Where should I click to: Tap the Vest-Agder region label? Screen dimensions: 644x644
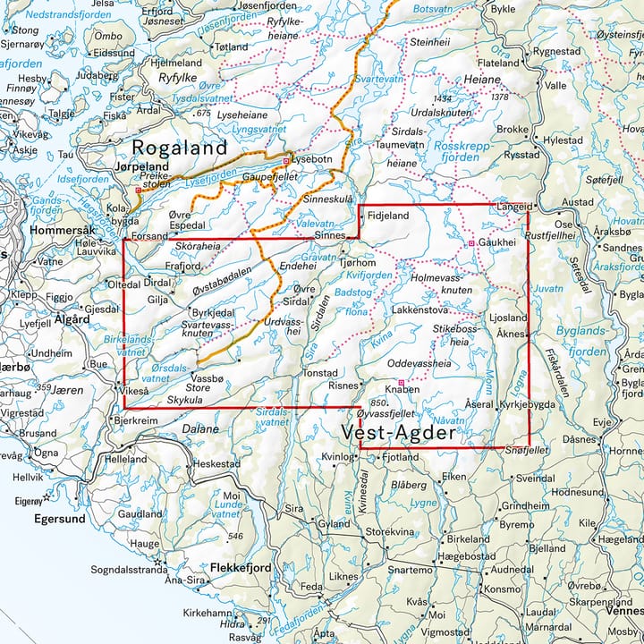click(x=399, y=435)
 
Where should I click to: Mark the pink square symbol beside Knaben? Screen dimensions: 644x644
click(x=401, y=383)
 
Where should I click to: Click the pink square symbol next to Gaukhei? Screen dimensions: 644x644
click(x=471, y=243)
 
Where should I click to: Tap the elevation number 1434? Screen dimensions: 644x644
click(x=442, y=98)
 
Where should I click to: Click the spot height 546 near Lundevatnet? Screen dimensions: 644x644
click(x=236, y=537)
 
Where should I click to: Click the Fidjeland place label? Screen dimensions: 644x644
click(x=387, y=216)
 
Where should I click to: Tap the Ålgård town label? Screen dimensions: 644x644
click(x=72, y=318)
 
